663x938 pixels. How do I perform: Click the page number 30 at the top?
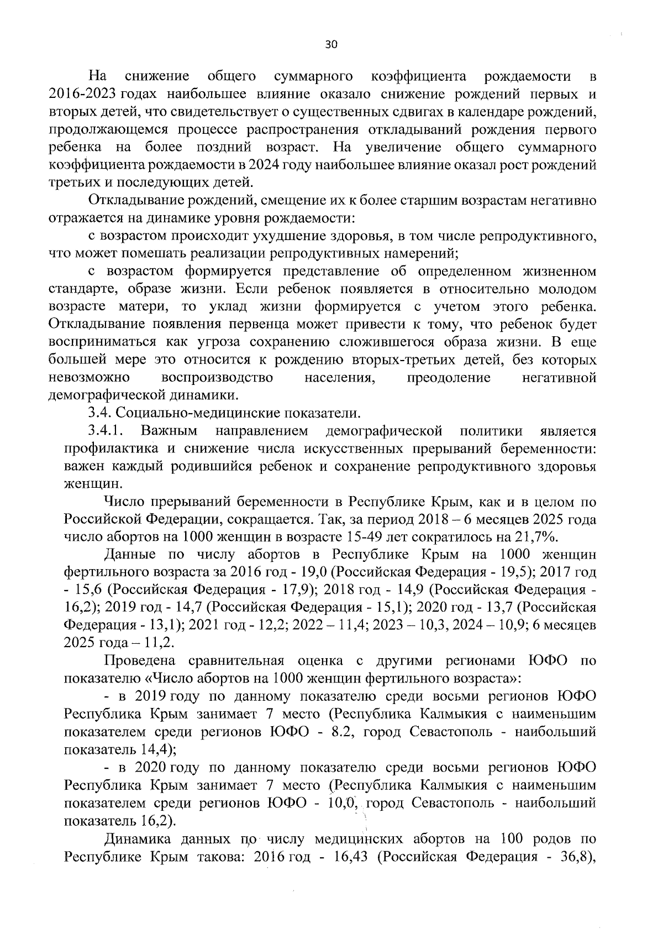[330, 45]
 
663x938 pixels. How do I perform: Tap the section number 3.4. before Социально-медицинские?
[101, 413]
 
